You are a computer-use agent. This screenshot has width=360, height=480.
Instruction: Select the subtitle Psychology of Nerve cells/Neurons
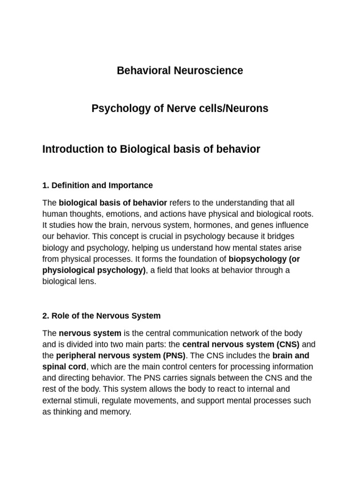(180, 109)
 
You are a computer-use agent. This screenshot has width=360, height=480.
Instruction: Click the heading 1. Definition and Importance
(97, 185)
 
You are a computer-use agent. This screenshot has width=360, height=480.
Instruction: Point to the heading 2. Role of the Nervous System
(101, 315)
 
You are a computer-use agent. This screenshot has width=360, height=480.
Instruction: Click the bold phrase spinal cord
(64, 367)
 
